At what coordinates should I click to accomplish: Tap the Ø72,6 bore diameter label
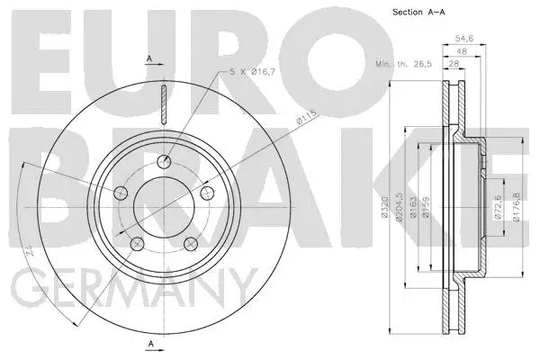coord(499,210)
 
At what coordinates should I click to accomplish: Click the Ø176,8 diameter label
coord(517,210)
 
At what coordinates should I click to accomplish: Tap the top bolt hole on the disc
coord(163,162)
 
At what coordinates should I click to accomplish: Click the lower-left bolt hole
coord(137,243)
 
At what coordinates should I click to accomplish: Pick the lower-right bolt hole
coord(190,243)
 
